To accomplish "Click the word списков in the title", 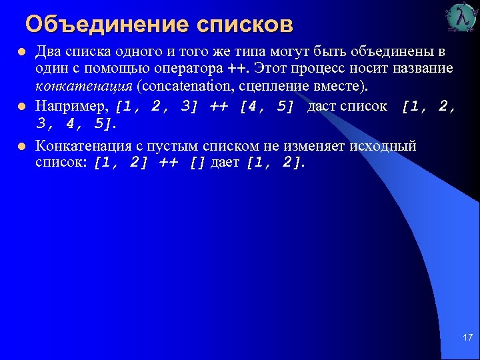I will (x=245, y=25).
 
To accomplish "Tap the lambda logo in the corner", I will (x=461, y=18).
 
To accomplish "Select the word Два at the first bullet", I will (x=48, y=52).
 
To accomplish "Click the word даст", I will (x=321, y=105).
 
